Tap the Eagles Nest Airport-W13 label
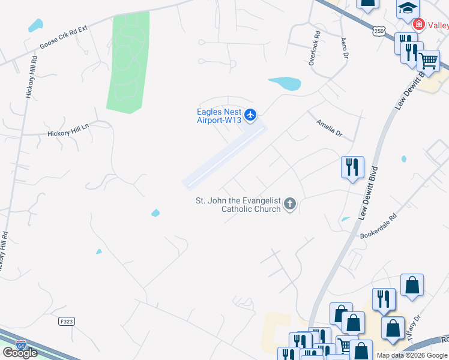[x=219, y=116]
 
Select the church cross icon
[x=290, y=205]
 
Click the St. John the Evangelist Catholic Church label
[x=238, y=205]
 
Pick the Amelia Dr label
[x=329, y=127]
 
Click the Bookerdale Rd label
[x=378, y=226]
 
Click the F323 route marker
[x=66, y=322]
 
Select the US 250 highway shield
[x=378, y=31]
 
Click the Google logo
[x=20, y=352]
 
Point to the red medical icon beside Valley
[x=418, y=25]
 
